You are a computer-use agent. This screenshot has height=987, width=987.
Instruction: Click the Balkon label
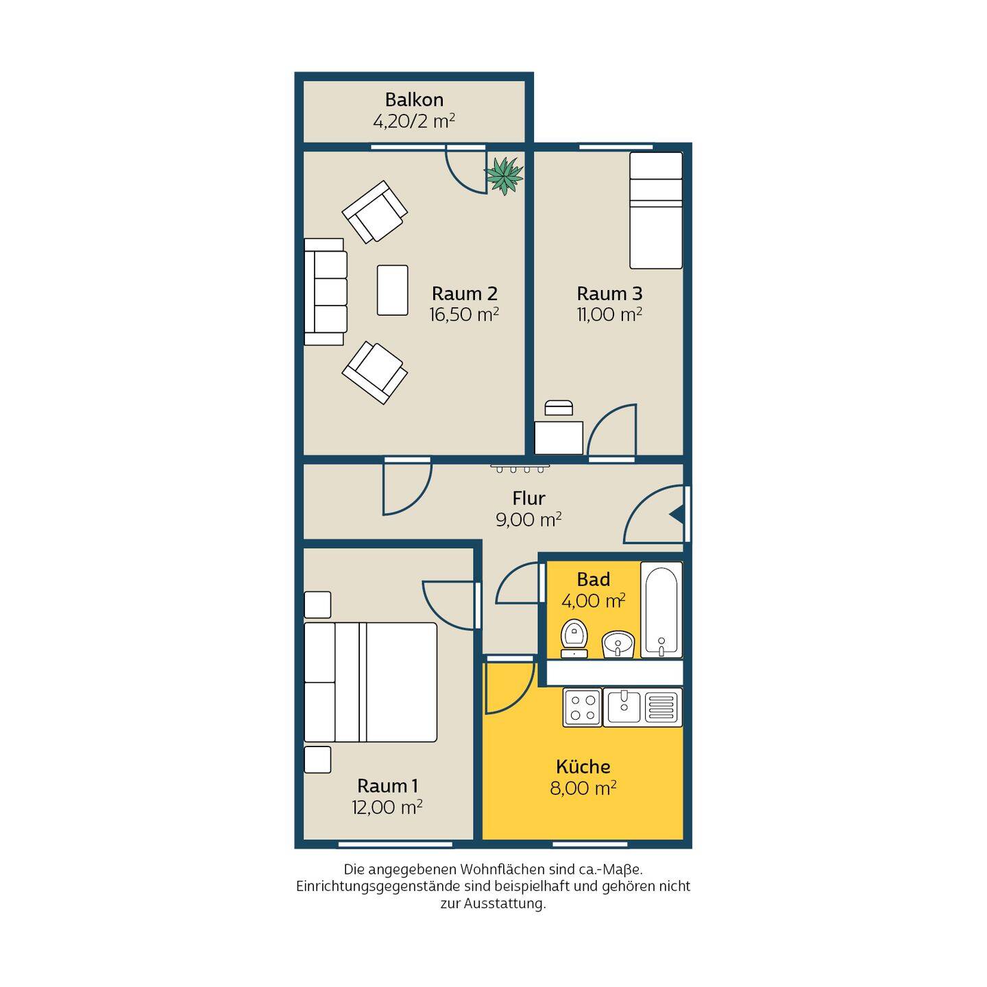tap(414, 99)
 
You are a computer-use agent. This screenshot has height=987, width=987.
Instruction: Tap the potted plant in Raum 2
tap(504, 175)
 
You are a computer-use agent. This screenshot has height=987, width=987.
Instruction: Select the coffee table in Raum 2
tap(392, 290)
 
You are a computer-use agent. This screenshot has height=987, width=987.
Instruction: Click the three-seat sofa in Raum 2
tap(326, 291)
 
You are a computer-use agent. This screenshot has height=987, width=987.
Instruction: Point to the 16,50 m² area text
tap(464, 314)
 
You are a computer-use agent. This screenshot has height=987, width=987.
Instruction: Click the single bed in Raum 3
tap(656, 210)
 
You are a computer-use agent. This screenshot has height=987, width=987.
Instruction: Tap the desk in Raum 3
tap(559, 437)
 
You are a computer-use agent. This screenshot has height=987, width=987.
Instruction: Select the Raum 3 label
tap(609, 293)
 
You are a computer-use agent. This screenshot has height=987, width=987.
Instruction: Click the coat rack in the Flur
tap(520, 468)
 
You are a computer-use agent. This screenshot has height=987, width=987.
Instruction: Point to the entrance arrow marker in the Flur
tap(677, 516)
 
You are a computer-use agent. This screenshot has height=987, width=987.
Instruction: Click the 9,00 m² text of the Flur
tap(528, 520)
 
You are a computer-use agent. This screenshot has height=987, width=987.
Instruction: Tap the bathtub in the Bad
tap(661, 610)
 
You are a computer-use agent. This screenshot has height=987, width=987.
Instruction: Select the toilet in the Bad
tap(574, 638)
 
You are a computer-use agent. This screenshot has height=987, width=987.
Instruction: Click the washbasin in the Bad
tap(618, 644)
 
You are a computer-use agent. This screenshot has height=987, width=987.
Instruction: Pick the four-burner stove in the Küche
tap(583, 707)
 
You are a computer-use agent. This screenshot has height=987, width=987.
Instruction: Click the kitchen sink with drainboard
tap(643, 707)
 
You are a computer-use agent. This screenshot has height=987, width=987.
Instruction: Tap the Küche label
tap(583, 767)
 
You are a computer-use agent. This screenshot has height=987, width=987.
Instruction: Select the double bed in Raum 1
tap(370, 682)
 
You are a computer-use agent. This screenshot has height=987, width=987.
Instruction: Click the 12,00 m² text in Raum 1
tap(387, 807)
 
